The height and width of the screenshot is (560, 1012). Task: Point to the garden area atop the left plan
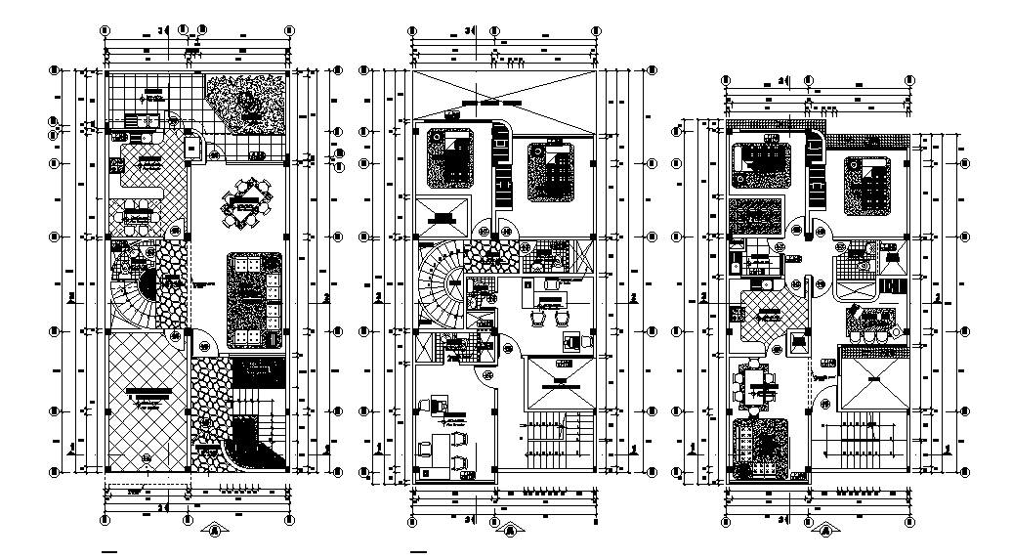click(247, 103)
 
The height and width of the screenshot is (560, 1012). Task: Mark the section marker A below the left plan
click(214, 531)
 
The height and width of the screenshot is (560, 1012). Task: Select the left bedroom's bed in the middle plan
click(451, 159)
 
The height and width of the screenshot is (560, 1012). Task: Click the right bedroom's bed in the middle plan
click(552, 172)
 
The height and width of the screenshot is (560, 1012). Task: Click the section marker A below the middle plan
click(511, 531)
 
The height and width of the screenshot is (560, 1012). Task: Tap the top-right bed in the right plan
click(867, 184)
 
